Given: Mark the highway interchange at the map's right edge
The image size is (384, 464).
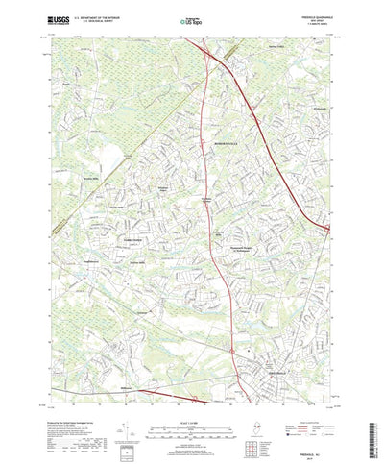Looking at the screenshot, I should click(326, 228).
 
